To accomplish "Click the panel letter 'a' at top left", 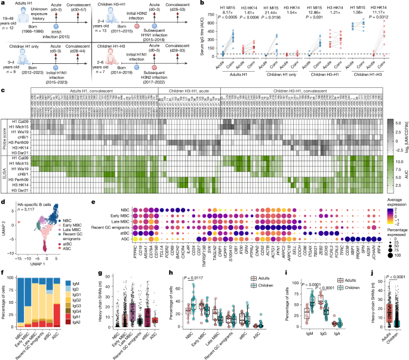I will tap(3, 4).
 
